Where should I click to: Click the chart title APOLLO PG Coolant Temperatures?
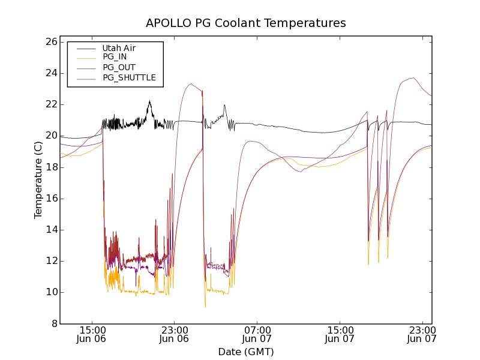(x=246, y=23)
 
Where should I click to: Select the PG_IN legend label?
(x=115, y=57)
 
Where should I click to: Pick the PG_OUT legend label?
(x=119, y=67)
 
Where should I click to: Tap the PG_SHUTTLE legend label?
(x=129, y=77)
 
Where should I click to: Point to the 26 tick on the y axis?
(x=50, y=42)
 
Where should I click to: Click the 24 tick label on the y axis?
(x=50, y=73)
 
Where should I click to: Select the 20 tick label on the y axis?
(x=50, y=136)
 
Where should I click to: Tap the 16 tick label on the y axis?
(x=50, y=199)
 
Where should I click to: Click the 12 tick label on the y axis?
(x=50, y=261)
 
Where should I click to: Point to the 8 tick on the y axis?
(x=53, y=323)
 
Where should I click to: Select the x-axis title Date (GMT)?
(x=246, y=352)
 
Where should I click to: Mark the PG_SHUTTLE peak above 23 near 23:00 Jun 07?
(x=412, y=77)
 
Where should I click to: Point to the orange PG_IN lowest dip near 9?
(x=205, y=307)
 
